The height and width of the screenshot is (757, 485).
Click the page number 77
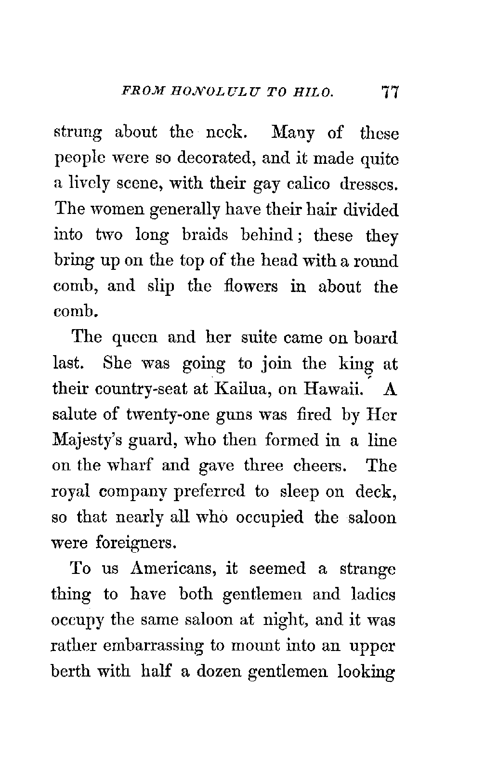point(388,92)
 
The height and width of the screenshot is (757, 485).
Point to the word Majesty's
point(85,441)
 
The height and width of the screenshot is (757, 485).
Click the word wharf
point(130,466)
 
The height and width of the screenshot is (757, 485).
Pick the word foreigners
point(135,544)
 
